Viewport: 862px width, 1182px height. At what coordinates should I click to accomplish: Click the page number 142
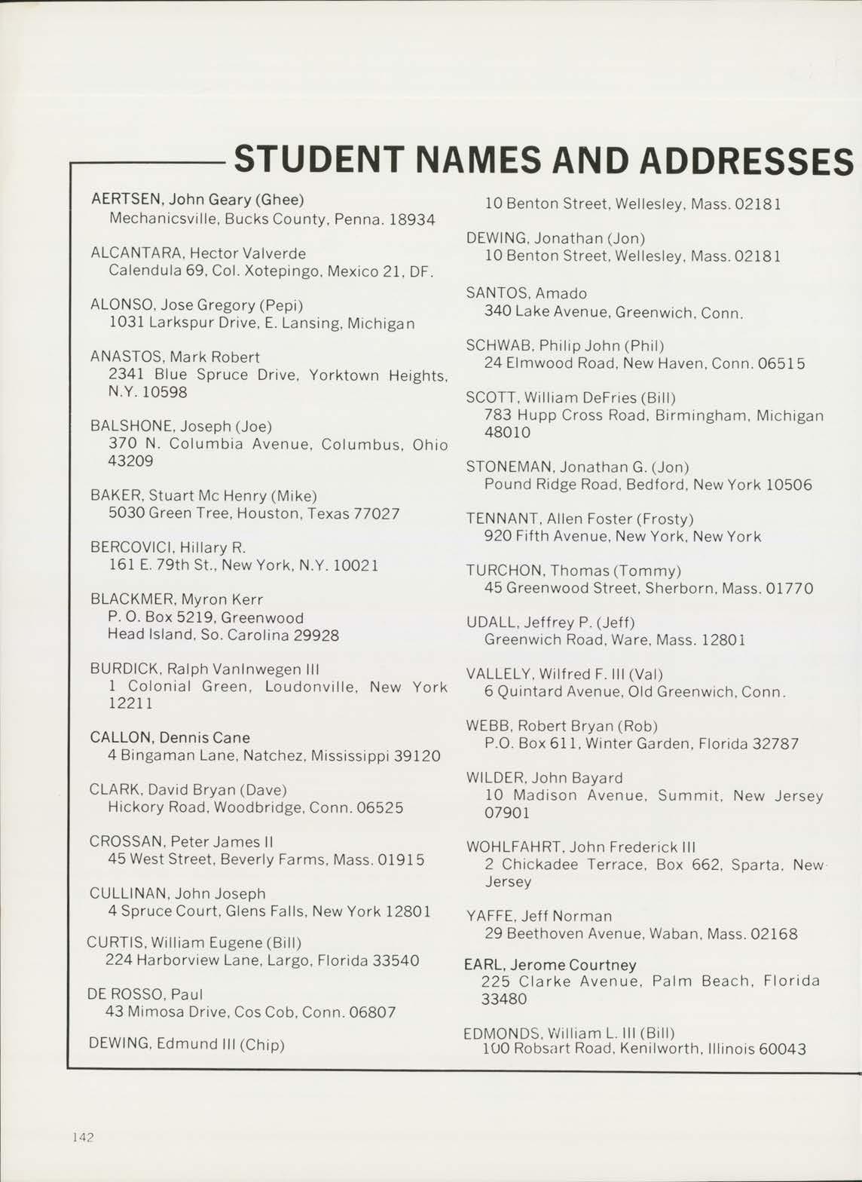tap(83, 1138)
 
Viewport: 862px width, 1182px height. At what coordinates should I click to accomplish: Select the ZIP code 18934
tap(412, 219)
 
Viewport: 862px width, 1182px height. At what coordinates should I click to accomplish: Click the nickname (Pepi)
tap(281, 305)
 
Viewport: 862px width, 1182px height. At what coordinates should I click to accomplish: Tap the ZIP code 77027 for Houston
tap(378, 514)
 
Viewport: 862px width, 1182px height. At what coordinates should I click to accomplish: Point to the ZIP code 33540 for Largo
tap(396, 961)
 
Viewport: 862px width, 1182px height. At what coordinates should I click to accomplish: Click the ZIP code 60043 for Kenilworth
tap(783, 1049)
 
